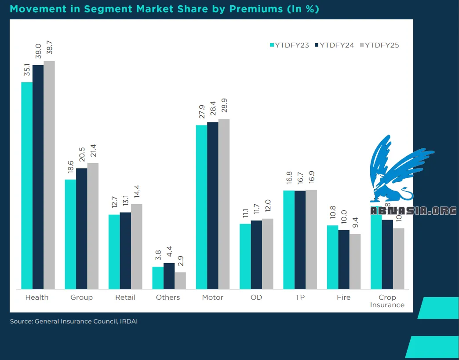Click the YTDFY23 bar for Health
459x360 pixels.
(27, 185)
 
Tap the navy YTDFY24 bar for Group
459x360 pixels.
(81, 228)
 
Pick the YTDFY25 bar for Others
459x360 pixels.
(180, 280)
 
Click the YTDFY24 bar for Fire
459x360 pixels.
(344, 259)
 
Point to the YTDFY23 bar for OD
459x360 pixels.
(245, 256)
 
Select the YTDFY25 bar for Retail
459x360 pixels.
(137, 246)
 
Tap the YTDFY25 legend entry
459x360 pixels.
(379, 45)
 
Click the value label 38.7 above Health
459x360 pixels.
(49, 49)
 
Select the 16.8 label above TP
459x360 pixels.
(289, 180)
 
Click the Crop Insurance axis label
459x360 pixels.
(387, 301)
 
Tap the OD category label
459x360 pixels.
(256, 298)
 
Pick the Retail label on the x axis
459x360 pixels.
(125, 298)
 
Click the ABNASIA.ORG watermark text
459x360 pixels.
(413, 211)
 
